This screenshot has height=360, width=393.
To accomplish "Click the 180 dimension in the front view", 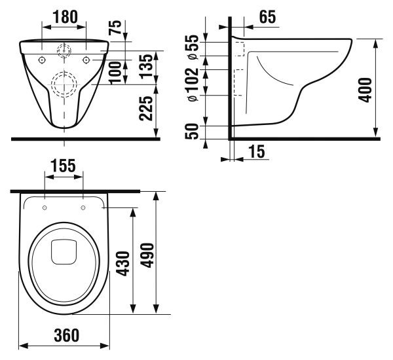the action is (x=65, y=17).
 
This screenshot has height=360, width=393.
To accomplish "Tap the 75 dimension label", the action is (x=115, y=27).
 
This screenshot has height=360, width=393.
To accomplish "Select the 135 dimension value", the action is (x=146, y=66).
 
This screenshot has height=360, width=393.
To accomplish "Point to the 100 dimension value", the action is (x=115, y=73).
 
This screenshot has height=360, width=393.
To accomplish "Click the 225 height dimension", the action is (x=146, y=109).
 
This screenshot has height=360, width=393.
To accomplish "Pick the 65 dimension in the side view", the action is (x=267, y=17).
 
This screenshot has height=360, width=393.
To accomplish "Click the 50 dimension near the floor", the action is (x=192, y=132).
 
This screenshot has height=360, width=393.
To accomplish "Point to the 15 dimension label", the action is (x=256, y=151).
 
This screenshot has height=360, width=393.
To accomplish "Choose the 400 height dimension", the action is (x=365, y=90).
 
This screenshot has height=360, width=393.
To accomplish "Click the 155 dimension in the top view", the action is (x=63, y=166).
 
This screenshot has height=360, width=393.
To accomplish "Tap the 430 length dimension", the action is (x=124, y=264).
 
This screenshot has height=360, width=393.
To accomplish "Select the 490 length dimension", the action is (x=147, y=255).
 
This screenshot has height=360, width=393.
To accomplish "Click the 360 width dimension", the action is (x=67, y=335).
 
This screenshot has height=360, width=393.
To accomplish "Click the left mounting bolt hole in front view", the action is (x=42, y=60).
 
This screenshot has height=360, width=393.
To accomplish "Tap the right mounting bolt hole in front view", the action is (x=86, y=60).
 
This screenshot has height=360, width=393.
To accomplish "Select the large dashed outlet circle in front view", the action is (x=64, y=73).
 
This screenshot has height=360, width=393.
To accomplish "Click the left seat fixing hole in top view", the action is (x=45, y=207).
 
